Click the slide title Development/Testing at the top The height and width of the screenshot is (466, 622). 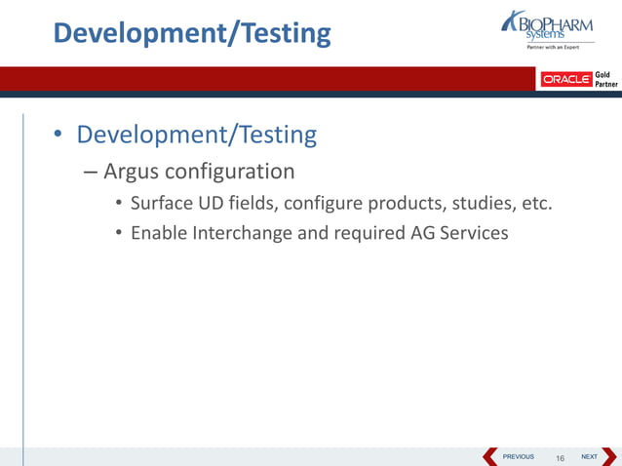(192, 33)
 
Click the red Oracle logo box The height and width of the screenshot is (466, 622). (565, 79)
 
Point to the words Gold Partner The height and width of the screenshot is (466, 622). (605, 79)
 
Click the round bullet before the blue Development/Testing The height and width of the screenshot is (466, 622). (59, 136)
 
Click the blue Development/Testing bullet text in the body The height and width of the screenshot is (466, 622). (197, 135)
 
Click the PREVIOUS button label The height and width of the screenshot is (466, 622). (518, 456)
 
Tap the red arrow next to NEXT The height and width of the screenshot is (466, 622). (609, 456)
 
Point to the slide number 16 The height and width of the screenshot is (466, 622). (561, 457)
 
